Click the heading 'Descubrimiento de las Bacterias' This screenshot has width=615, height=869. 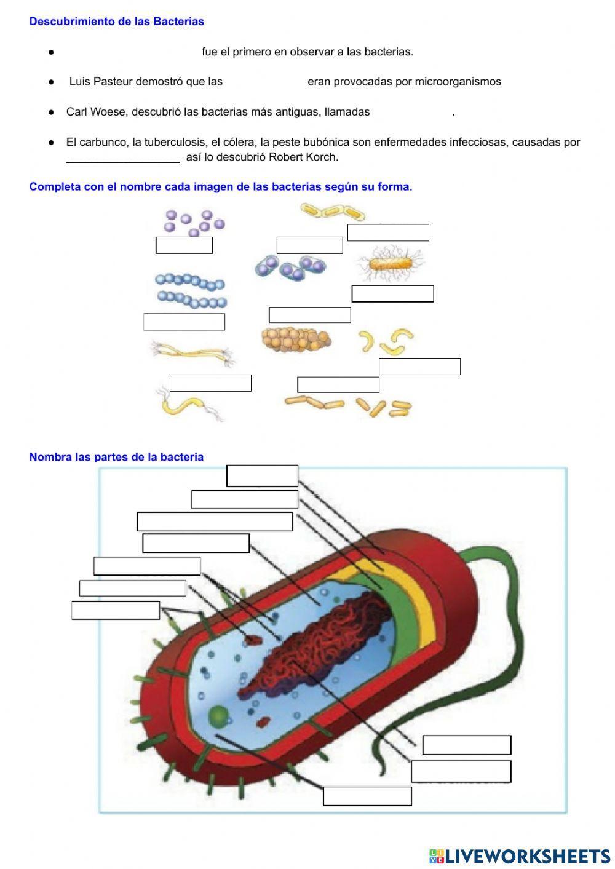[116, 22]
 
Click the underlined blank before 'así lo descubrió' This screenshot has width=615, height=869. [123, 157]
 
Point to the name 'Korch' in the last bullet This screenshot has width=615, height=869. [323, 157]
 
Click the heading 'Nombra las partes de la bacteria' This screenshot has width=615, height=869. [116, 457]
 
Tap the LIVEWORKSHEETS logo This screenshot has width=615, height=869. [519, 856]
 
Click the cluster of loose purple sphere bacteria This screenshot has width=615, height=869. [194, 223]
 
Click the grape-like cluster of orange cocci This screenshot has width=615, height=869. [296, 339]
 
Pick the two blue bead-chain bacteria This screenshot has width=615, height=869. [191, 291]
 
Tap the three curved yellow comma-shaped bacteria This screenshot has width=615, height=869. [386, 340]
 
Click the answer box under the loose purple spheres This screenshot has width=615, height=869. [184, 245]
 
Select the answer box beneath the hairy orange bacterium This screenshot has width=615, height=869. [392, 294]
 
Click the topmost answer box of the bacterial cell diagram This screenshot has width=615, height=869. [262, 476]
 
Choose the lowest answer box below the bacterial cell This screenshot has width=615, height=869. [367, 796]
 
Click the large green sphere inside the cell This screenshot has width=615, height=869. [218, 716]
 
